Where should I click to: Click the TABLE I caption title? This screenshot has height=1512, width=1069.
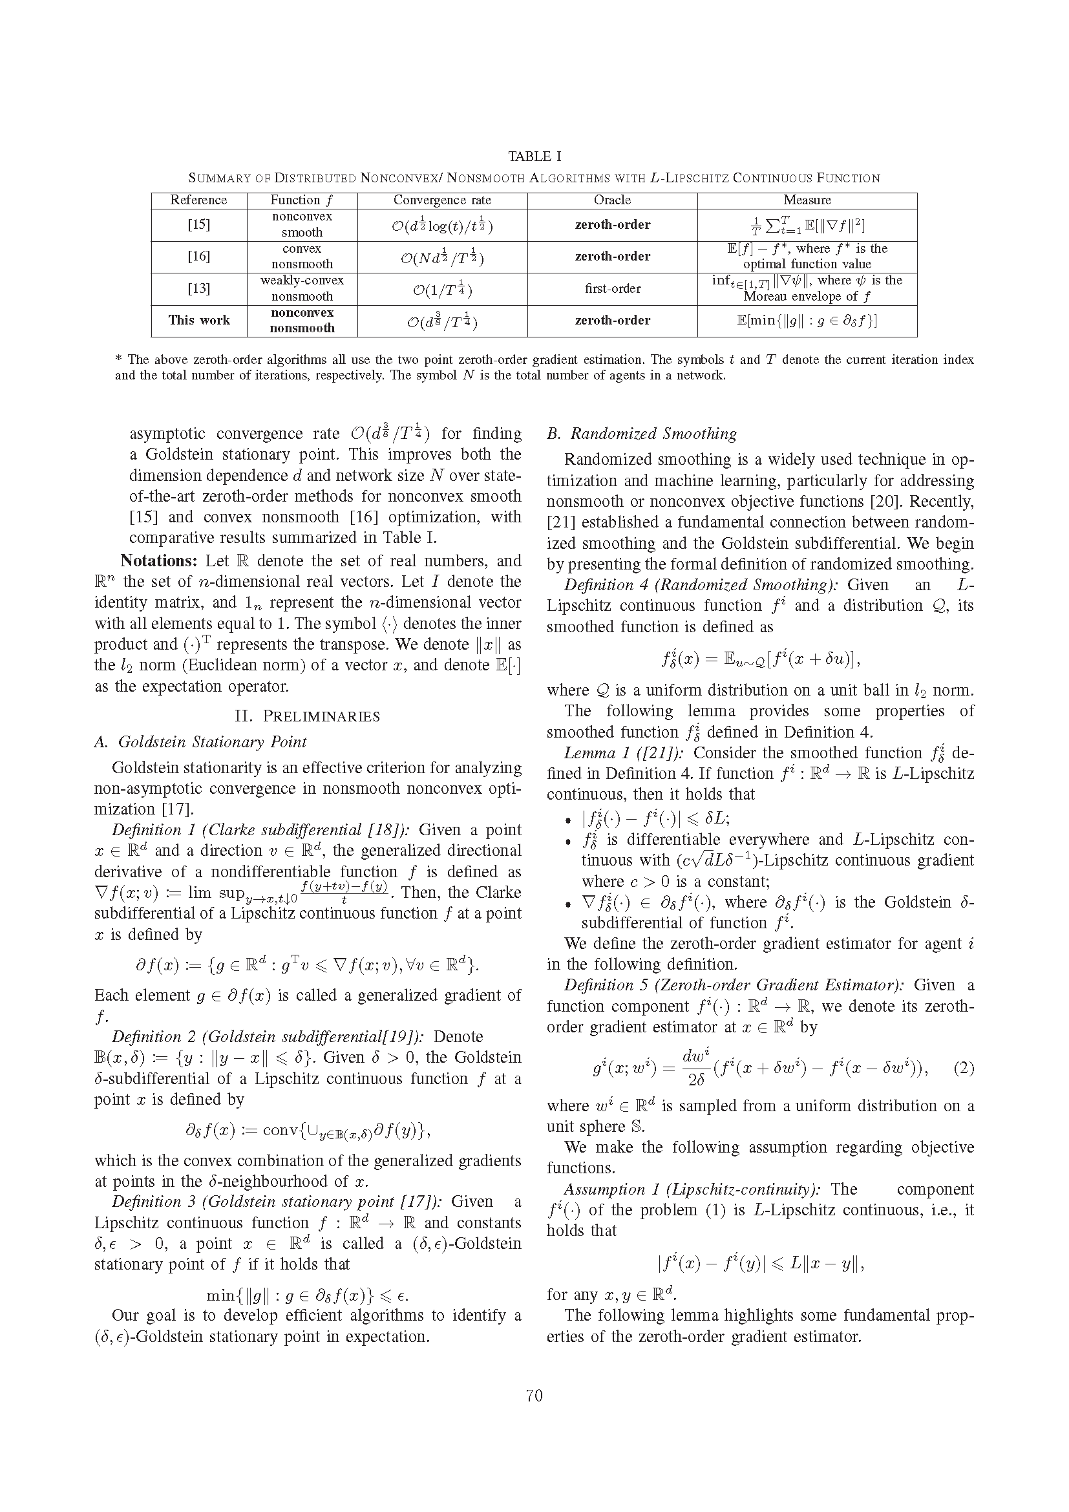click(534, 156)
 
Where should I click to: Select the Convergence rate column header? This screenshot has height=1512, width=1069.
click(441, 200)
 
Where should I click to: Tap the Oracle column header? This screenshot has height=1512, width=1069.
click(612, 200)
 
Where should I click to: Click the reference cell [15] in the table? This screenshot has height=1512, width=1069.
click(199, 224)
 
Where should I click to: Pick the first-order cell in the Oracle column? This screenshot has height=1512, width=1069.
click(612, 288)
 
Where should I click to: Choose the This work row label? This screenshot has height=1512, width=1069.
click(199, 320)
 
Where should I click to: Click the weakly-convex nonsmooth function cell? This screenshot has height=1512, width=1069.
click(301, 288)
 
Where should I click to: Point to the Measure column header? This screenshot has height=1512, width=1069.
click(807, 200)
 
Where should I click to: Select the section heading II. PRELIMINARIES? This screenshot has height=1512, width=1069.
click(308, 716)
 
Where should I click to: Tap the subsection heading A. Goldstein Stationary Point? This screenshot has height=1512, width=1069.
click(201, 742)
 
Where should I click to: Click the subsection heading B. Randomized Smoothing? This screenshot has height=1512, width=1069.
click(642, 434)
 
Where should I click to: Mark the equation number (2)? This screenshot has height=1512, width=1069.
click(963, 1068)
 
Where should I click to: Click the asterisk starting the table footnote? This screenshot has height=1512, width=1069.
click(118, 359)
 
